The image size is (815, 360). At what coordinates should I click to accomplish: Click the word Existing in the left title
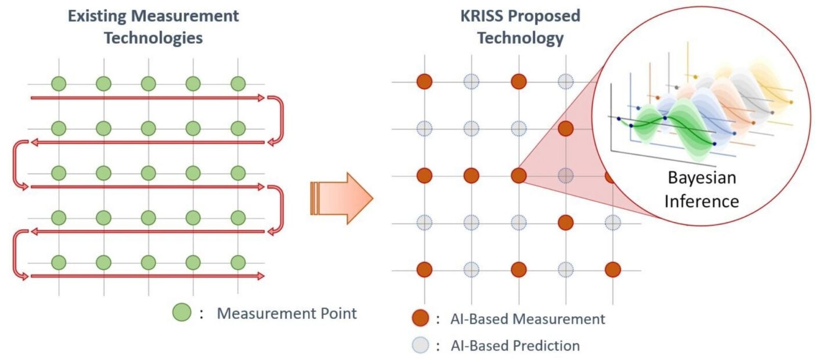97,16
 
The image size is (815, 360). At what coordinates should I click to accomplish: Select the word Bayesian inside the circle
701,178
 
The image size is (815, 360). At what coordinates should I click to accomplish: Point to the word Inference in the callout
701,201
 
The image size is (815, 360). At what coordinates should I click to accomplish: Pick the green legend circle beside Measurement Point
182,313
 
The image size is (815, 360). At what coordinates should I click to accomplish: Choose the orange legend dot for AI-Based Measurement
420,318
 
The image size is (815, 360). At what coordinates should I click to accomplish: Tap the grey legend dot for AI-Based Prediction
420,345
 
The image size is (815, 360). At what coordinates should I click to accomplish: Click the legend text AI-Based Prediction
515,346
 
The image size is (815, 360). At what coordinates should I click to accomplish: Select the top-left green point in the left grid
59,84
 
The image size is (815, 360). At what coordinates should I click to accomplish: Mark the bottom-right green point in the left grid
238,263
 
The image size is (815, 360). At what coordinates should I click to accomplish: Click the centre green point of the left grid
148,173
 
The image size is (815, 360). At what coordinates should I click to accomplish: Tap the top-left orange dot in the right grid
424,81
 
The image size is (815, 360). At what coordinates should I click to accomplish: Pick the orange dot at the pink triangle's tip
519,176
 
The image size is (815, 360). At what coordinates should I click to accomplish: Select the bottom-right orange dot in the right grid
612,269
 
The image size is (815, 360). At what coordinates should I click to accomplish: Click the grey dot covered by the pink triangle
565,176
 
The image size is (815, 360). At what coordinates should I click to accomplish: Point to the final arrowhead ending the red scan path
261,276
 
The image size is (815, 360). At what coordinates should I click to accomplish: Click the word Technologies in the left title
153,38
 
